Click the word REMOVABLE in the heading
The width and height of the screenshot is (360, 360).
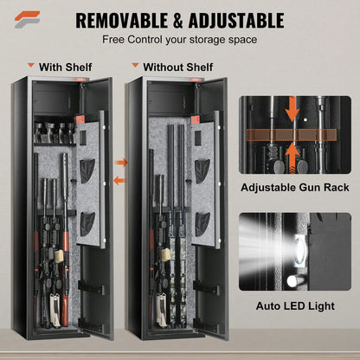pos(125,19)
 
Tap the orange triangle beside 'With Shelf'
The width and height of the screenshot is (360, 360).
pos(31,64)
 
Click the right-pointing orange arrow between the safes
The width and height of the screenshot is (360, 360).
pos(120,162)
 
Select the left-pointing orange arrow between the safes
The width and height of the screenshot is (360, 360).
pos(120,179)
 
